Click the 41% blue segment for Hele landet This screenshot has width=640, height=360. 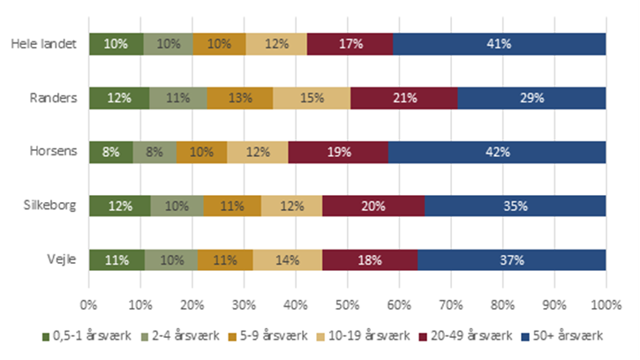(500, 43)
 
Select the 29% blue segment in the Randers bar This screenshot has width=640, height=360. (531, 97)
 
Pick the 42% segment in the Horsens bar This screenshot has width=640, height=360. (497, 152)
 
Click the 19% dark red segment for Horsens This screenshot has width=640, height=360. (338, 152)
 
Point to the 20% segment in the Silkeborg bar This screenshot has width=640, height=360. (373, 206)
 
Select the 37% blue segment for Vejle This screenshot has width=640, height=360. (512, 260)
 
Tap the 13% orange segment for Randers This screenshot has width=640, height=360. (240, 97)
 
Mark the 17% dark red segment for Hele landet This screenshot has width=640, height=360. (350, 43)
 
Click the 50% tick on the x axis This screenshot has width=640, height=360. (347, 305)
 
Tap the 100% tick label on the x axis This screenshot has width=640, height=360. (606, 305)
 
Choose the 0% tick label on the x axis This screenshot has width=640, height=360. (88, 305)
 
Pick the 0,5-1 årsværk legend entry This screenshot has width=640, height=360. (80, 337)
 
